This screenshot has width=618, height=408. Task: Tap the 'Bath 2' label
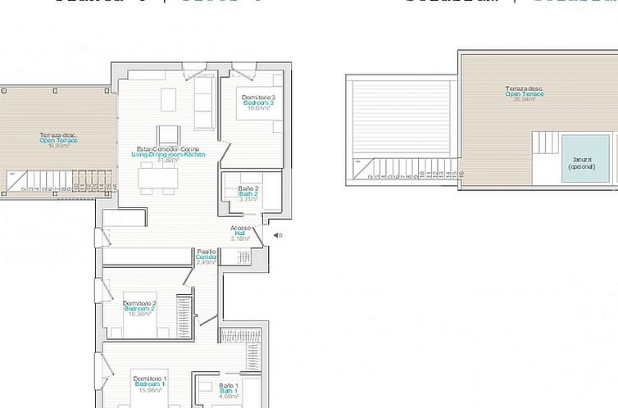pos(248,194)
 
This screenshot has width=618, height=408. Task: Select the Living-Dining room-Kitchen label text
pos(168,155)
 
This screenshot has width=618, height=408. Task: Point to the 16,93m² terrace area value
pos(58,145)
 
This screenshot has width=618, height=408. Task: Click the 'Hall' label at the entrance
pos(240,233)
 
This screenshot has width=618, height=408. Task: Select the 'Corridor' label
pos(206,257)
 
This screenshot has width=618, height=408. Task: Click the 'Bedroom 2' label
pos(139,308)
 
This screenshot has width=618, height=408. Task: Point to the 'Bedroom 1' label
pos(149,383)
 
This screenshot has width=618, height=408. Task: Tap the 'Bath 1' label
pos(229,391)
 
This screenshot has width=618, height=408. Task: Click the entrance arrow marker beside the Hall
pos(276,235)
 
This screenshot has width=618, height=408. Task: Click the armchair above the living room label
pos(168,134)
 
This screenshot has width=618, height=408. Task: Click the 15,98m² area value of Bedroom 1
pos(149,389)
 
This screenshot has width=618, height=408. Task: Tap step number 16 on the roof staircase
pos(461,174)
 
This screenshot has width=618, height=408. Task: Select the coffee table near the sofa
pos(168,99)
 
